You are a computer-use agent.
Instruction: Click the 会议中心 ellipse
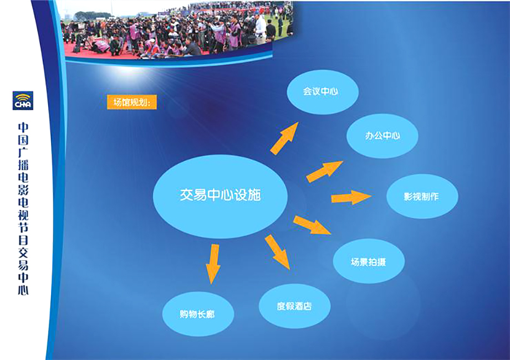click(323, 91)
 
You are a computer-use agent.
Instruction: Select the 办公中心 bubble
click(382, 136)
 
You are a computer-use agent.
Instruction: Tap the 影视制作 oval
click(422, 196)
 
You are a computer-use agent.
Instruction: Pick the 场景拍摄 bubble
click(369, 261)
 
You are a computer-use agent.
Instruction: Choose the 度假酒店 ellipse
click(295, 306)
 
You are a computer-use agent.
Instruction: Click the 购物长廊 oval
click(198, 314)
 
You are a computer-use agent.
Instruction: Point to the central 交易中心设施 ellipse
click(220, 196)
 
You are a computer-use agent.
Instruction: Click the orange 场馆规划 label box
click(132, 102)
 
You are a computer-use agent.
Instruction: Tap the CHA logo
click(23, 100)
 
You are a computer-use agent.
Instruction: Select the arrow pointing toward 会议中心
click(284, 138)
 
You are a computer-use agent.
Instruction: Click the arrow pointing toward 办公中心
click(324, 171)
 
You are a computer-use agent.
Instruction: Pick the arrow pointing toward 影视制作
click(351, 197)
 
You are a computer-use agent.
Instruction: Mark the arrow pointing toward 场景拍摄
click(312, 225)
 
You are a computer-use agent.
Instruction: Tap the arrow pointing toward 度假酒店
click(277, 252)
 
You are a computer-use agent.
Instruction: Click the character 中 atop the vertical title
click(23, 127)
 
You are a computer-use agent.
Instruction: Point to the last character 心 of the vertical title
click(23, 290)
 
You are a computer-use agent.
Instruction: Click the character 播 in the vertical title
click(23, 165)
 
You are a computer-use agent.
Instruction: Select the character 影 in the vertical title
click(23, 190)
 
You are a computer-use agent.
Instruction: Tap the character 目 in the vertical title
click(23, 240)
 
